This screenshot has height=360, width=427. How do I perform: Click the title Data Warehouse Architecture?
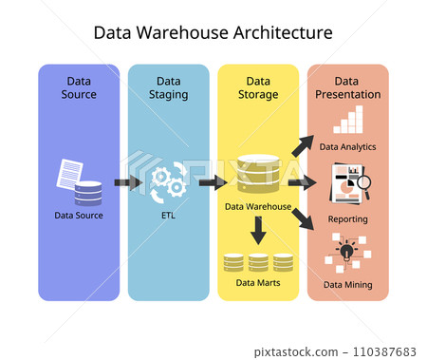213,32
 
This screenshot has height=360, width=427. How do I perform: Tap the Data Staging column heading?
168,87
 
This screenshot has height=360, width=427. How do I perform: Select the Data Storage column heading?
257,87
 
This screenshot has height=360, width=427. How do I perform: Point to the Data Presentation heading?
347,87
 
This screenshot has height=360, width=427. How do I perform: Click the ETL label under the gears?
168,215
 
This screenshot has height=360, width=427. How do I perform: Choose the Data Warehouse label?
257,205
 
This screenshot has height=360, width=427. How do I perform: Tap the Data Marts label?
257,282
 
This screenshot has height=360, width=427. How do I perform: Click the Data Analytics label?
347,147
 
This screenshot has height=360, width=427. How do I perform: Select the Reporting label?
347,218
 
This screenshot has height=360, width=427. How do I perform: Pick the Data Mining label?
347,284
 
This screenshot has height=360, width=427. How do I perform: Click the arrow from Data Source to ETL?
126,182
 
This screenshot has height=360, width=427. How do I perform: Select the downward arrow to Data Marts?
257,229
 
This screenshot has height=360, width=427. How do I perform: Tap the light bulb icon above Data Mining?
346,253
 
